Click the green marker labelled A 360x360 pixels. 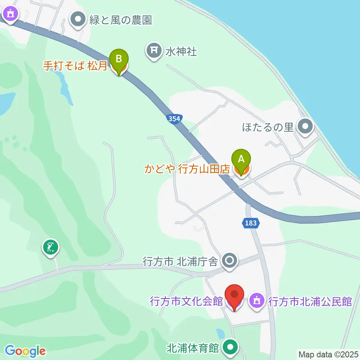pyautogui.click(x=241, y=161)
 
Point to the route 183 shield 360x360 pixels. pyautogui.click(x=250, y=223)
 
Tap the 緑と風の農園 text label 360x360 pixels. pyautogui.click(x=120, y=20)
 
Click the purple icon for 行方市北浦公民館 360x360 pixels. pyautogui.click(x=257, y=301)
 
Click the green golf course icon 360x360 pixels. pyautogui.click(x=51, y=247)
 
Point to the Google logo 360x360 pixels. pyautogui.click(x=25, y=351)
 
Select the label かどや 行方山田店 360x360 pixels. pyautogui.click(x=187, y=169)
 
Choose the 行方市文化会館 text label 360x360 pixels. pyautogui.click(x=186, y=301)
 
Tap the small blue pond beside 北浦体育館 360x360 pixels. pyautogui.click(x=220, y=333)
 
